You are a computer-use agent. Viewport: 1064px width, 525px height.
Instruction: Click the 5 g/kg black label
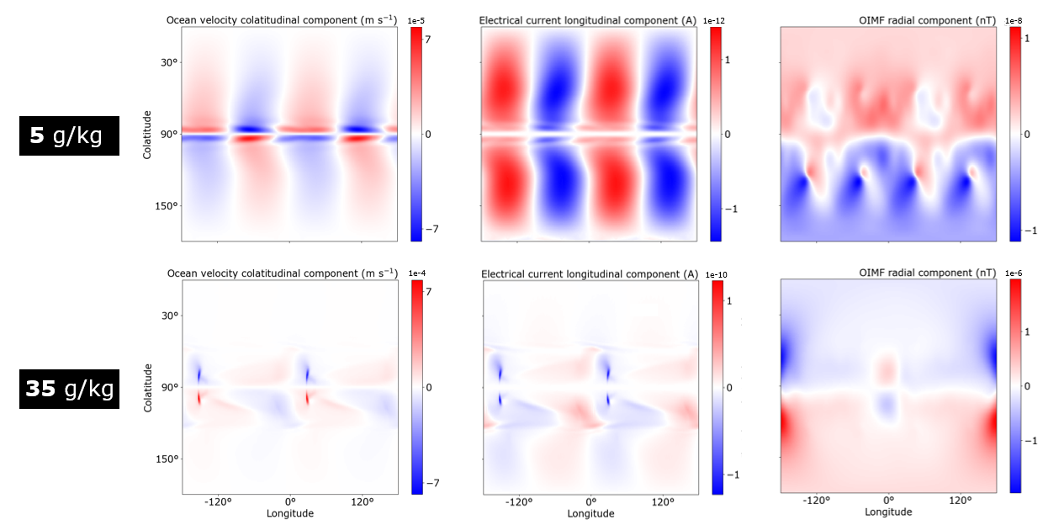pos(69,135)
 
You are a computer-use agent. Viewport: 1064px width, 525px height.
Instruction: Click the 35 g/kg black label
pos(69,389)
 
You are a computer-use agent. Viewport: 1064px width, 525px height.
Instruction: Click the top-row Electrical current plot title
pos(587,19)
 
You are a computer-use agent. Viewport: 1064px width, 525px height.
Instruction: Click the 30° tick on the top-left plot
pos(168,62)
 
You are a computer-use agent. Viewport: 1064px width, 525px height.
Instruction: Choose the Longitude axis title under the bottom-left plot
pos(290,513)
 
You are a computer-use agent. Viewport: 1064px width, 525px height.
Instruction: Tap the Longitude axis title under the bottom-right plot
pos(888,512)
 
